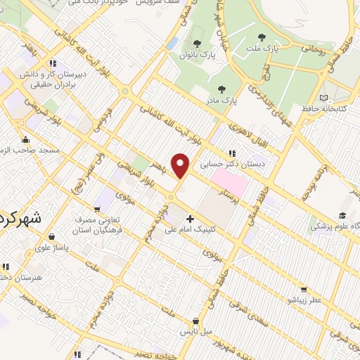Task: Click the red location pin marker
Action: click(181, 165)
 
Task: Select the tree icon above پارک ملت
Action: click(262, 37)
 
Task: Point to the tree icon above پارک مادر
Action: click(222, 89)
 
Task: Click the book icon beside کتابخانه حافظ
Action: click(323, 98)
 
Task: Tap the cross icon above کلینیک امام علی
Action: click(190, 219)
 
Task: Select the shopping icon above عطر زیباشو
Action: click(303, 288)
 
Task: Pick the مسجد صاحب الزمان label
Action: click(32, 150)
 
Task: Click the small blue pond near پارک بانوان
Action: click(172, 43)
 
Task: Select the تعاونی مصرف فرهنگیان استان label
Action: click(99, 224)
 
